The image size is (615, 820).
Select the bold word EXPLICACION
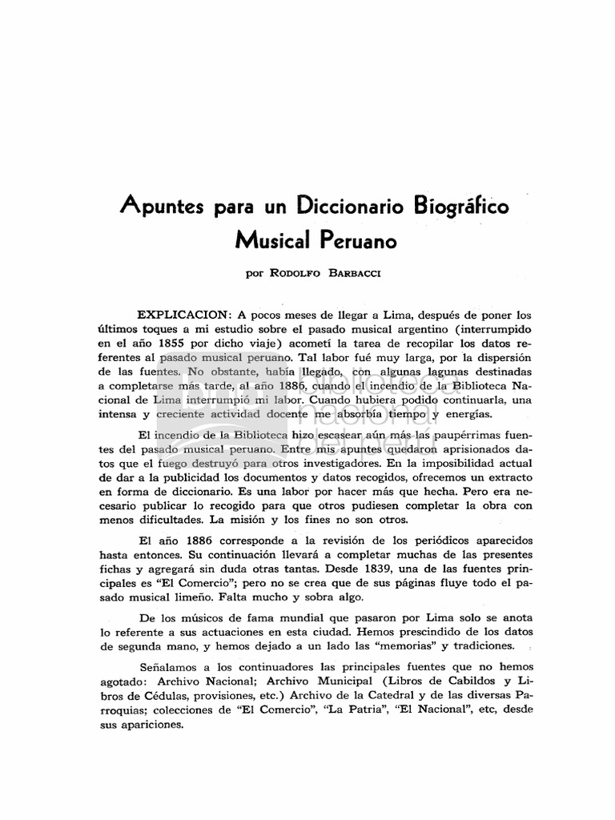pyautogui.click(x=184, y=315)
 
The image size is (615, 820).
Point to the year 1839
pyautogui.click(x=416, y=569)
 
